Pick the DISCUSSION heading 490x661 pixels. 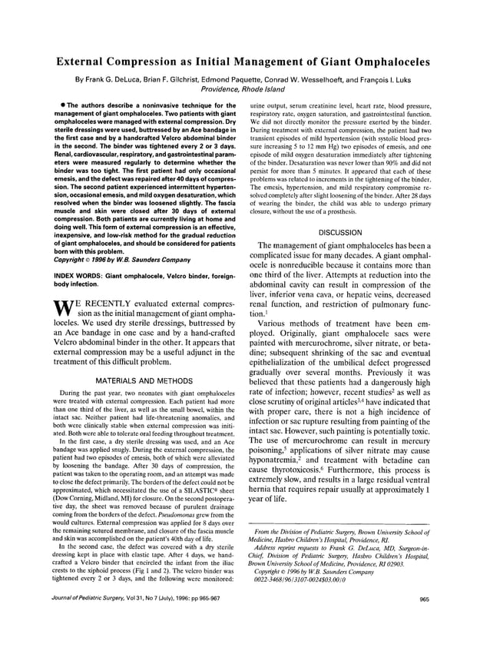click(339, 232)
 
